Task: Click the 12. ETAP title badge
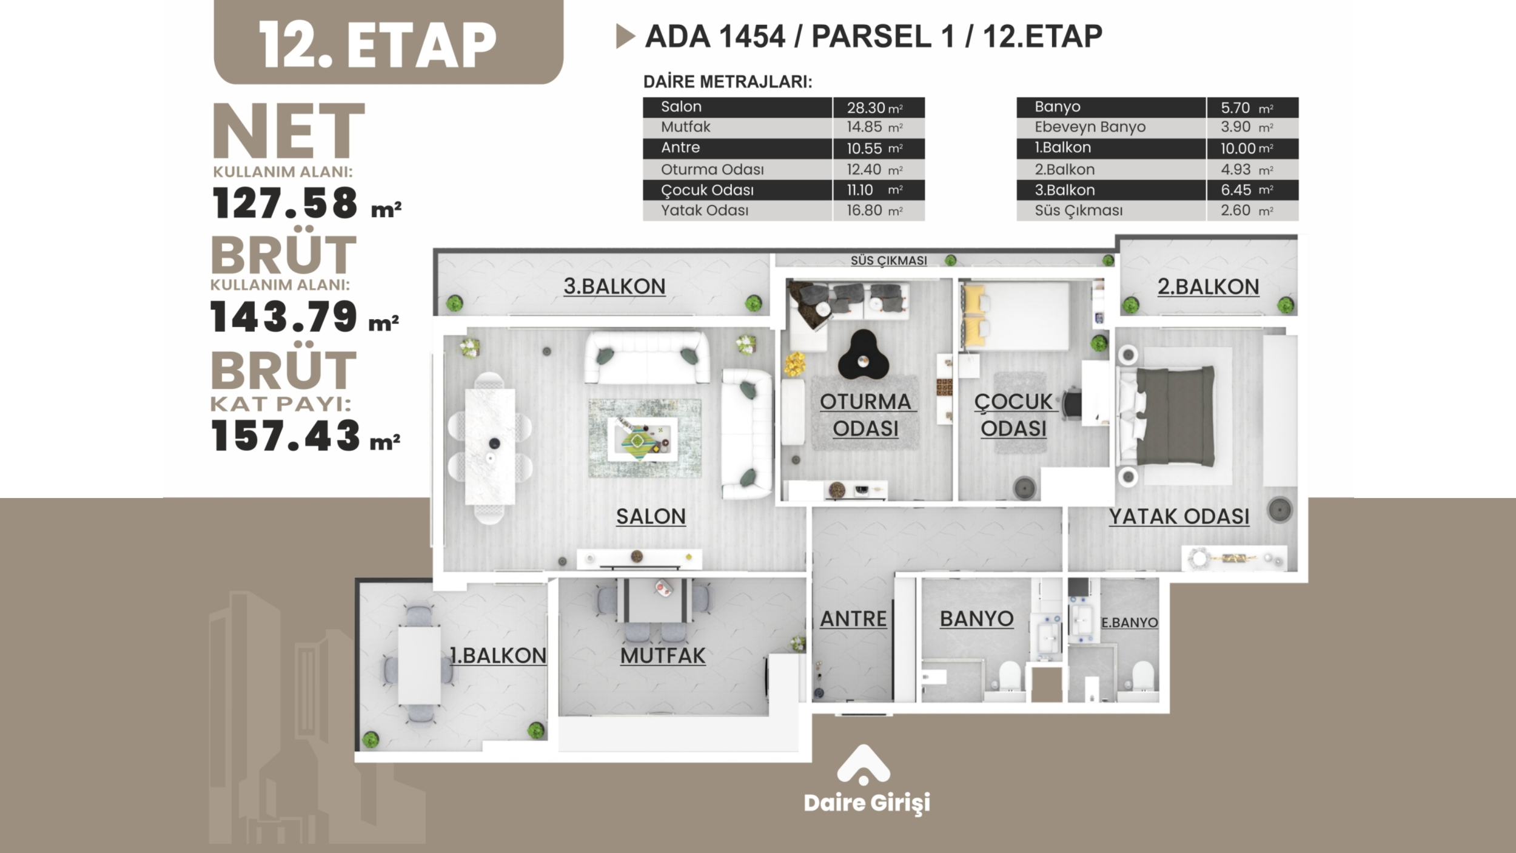[x=388, y=41]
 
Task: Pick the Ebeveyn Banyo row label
[x=1090, y=127]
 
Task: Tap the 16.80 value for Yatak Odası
[x=864, y=211]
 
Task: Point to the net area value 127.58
[x=285, y=203]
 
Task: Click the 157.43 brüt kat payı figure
[x=286, y=436]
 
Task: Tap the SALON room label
[x=651, y=517]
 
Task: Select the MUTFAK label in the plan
[x=663, y=656]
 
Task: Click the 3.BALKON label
[x=614, y=286]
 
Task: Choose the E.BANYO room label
[x=1129, y=622]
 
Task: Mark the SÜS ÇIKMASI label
[x=888, y=261]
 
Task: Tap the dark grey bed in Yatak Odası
[x=1175, y=416]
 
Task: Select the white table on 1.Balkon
[x=419, y=666]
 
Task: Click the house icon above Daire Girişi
[x=864, y=766]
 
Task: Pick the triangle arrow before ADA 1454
[x=625, y=36]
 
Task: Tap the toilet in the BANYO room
[x=1009, y=676]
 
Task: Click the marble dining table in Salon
[x=490, y=447]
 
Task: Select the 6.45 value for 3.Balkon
[x=1236, y=190]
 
